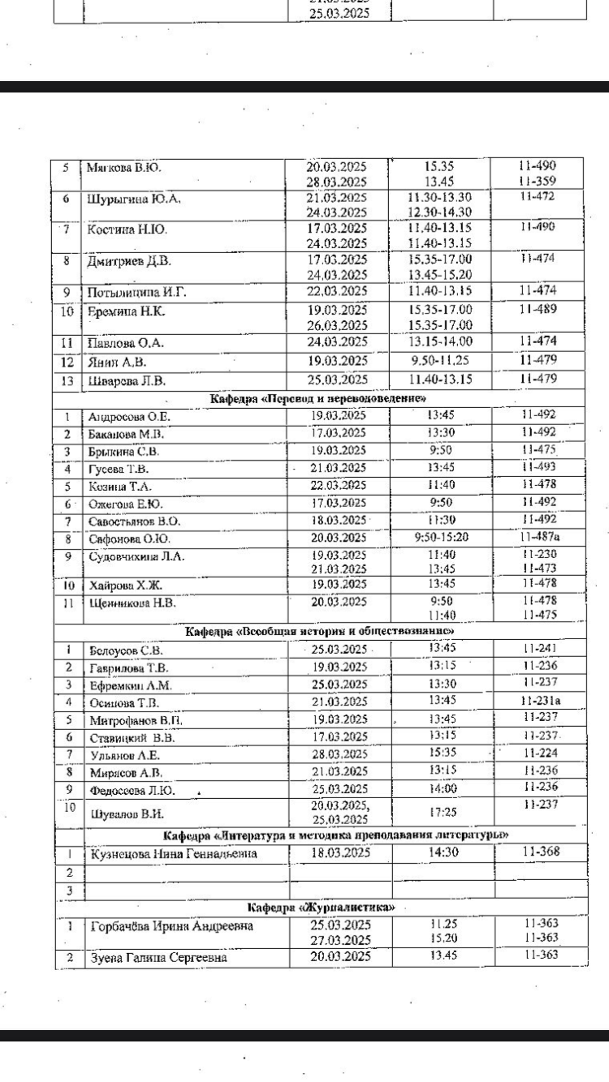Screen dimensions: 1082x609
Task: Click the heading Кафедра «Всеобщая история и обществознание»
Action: click(x=319, y=632)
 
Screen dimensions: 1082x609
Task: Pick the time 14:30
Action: click(x=441, y=852)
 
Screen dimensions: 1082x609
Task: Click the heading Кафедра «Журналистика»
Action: click(x=321, y=906)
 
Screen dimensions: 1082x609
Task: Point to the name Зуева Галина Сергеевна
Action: click(x=158, y=958)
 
